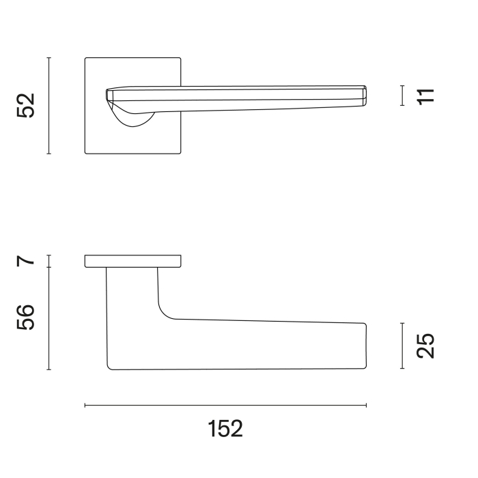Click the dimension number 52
tap(26, 105)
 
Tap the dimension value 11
tap(425, 96)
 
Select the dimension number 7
tap(26, 261)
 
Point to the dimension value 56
tap(26, 317)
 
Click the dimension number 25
tap(425, 346)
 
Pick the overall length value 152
tap(225, 429)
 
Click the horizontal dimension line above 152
tap(225, 405)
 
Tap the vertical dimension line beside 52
tap(48, 105)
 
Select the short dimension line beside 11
tap(402, 96)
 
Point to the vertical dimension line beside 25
tap(402, 346)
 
